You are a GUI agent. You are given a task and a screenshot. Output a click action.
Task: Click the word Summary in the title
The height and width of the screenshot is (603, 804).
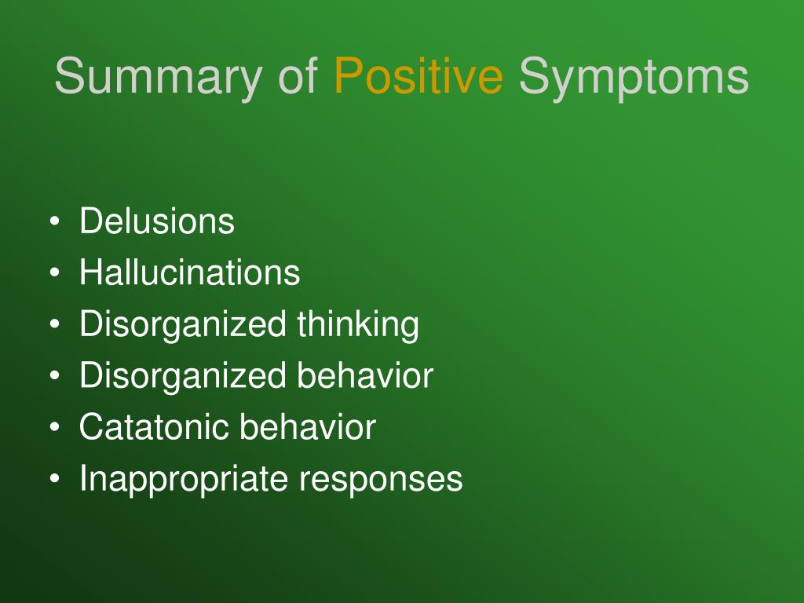159,77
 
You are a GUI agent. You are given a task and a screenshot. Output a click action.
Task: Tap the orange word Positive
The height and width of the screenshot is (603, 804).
418,75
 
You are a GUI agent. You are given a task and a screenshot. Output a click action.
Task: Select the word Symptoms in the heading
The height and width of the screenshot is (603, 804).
634,78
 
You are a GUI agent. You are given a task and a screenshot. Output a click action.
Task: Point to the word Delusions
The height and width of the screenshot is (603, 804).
157,221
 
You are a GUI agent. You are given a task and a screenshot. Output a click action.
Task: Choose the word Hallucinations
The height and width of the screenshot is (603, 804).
190,272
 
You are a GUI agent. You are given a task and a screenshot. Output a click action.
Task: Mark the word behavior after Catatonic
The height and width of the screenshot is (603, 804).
308,426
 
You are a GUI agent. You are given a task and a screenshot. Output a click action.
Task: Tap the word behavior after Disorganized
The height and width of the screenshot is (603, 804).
365,375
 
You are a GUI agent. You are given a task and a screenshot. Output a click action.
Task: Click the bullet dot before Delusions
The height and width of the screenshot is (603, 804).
55,221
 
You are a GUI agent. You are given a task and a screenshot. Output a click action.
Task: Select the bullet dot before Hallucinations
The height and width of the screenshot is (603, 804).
55,272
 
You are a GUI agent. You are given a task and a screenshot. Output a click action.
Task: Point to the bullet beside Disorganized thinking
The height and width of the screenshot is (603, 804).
55,324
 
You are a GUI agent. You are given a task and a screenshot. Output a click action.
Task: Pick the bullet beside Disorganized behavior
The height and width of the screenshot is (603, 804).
55,375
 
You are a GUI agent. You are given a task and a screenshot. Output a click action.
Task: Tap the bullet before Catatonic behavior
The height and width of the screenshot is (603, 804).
55,426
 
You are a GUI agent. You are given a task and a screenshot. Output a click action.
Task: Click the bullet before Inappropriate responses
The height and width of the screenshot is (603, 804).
55,478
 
